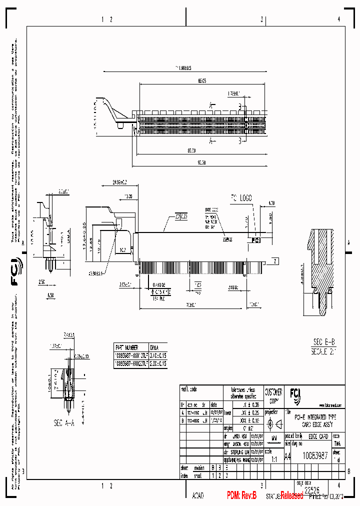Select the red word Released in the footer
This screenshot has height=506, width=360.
(291, 495)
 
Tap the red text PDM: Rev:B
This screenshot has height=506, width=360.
(241, 495)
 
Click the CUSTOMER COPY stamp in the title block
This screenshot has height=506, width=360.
(273, 396)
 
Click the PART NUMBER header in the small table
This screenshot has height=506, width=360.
(126, 346)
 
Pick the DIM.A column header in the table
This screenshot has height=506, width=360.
(156, 346)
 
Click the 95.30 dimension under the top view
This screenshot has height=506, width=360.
(202, 162)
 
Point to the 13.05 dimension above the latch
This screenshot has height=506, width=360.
(128, 196)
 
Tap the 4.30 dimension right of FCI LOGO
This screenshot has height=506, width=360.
(272, 203)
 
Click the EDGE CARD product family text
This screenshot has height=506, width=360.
(317, 436)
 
